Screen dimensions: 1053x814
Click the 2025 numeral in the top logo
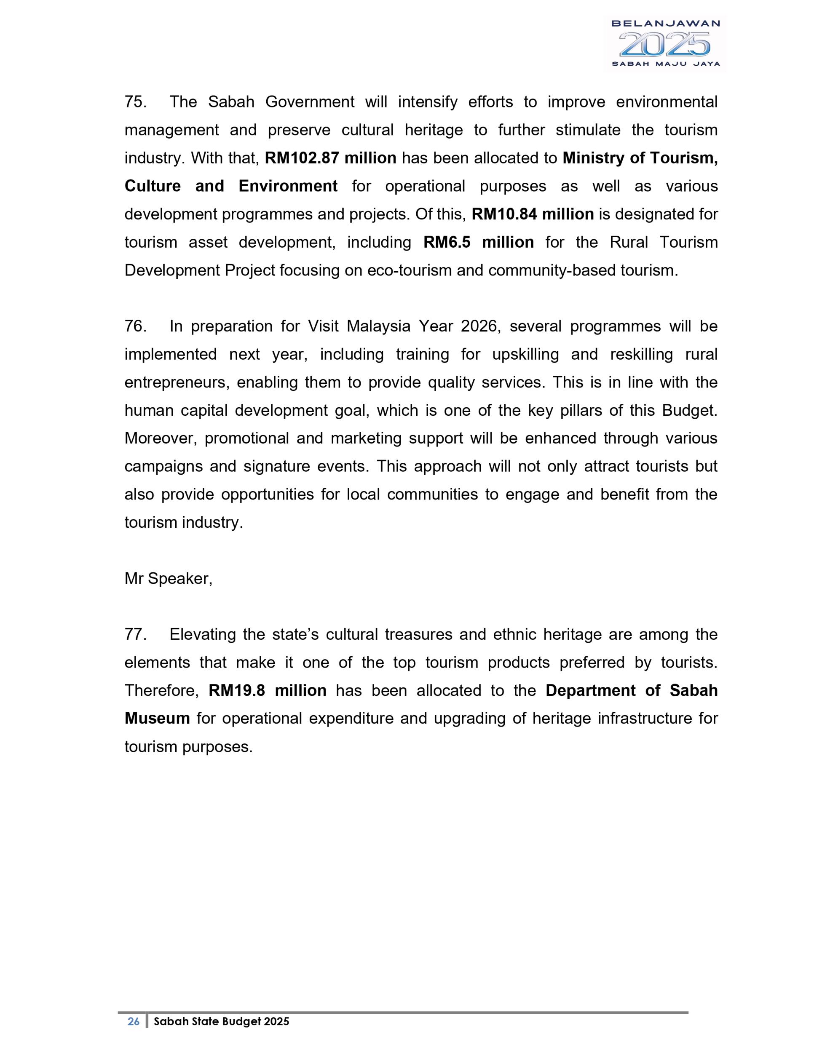pyautogui.click(x=664, y=44)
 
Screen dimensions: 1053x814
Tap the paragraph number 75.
pyautogui.click(x=134, y=102)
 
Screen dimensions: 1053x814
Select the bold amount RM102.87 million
pyautogui.click(x=330, y=158)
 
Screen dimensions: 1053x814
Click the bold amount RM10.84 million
pyautogui.click(x=533, y=214)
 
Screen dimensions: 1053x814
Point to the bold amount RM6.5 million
pyautogui.click(x=478, y=242)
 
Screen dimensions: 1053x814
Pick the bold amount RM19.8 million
pyautogui.click(x=268, y=690)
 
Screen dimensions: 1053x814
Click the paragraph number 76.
pyautogui.click(x=134, y=326)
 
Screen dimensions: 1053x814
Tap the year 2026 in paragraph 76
pyautogui.click(x=478, y=326)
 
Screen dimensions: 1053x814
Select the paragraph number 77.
pyautogui.click(x=134, y=634)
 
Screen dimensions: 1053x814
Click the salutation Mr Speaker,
pyautogui.click(x=168, y=579)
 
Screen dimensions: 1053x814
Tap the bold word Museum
pyautogui.click(x=157, y=719)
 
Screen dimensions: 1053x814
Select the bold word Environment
pyautogui.click(x=288, y=186)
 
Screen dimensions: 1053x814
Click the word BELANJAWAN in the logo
pyautogui.click(x=665, y=23)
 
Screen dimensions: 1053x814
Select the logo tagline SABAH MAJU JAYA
pyautogui.click(x=665, y=64)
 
